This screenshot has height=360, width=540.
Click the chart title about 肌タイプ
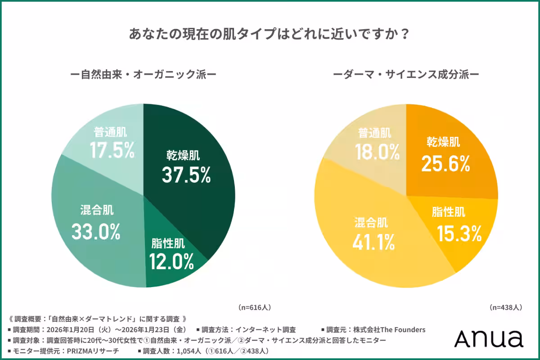(x=270, y=34)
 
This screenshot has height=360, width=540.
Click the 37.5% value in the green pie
(x=186, y=175)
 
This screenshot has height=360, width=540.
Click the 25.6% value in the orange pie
(x=445, y=163)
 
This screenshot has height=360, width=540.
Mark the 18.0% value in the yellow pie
(x=377, y=152)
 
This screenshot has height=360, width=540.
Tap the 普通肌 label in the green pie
(x=110, y=132)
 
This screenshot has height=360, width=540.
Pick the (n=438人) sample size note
(x=506, y=307)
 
